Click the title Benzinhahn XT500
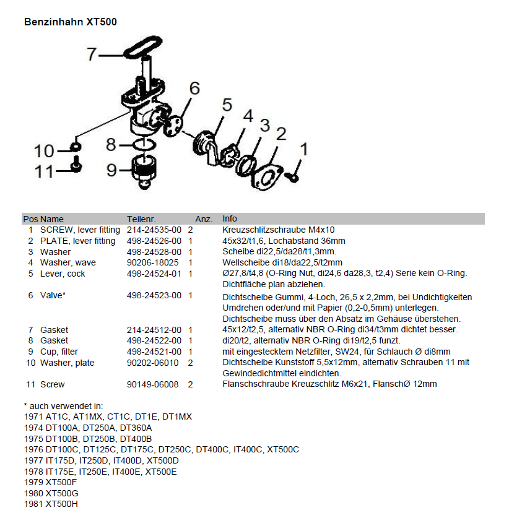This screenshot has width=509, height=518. click(x=70, y=22)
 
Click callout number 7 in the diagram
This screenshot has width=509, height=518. click(x=92, y=54)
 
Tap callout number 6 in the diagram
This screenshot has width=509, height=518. click(x=194, y=88)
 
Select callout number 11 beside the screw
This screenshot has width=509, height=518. click(x=44, y=171)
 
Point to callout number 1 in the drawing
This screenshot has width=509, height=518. click(x=303, y=149)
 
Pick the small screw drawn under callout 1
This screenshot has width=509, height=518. click(x=295, y=178)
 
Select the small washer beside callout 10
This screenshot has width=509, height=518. click(x=74, y=147)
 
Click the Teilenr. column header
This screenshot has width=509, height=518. click(x=141, y=219)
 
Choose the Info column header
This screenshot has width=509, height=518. click(x=230, y=219)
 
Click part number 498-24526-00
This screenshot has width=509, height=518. click(x=154, y=241)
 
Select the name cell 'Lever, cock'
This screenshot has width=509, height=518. click(x=63, y=274)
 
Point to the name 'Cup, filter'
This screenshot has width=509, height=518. click(x=59, y=352)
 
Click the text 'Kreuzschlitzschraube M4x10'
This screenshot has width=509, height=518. click(x=279, y=230)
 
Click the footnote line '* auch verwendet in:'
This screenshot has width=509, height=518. click(x=63, y=405)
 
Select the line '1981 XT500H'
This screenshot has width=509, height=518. click(x=51, y=504)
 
